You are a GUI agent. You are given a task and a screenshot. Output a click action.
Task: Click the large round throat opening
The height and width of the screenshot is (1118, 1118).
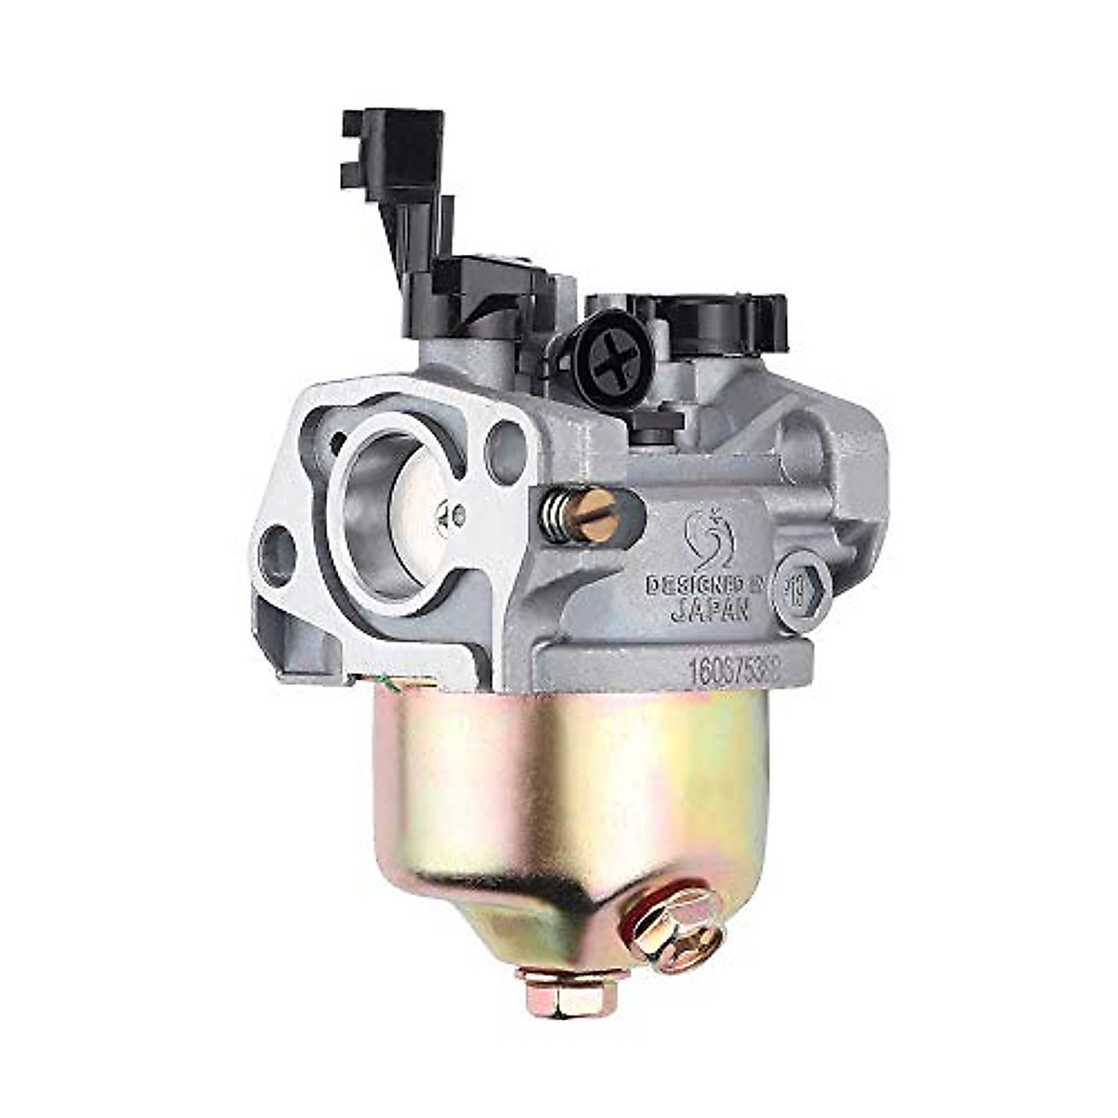pyautogui.click(x=387, y=503)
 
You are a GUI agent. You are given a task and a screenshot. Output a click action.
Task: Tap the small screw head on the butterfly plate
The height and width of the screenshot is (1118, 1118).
pyautogui.click(x=456, y=511)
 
